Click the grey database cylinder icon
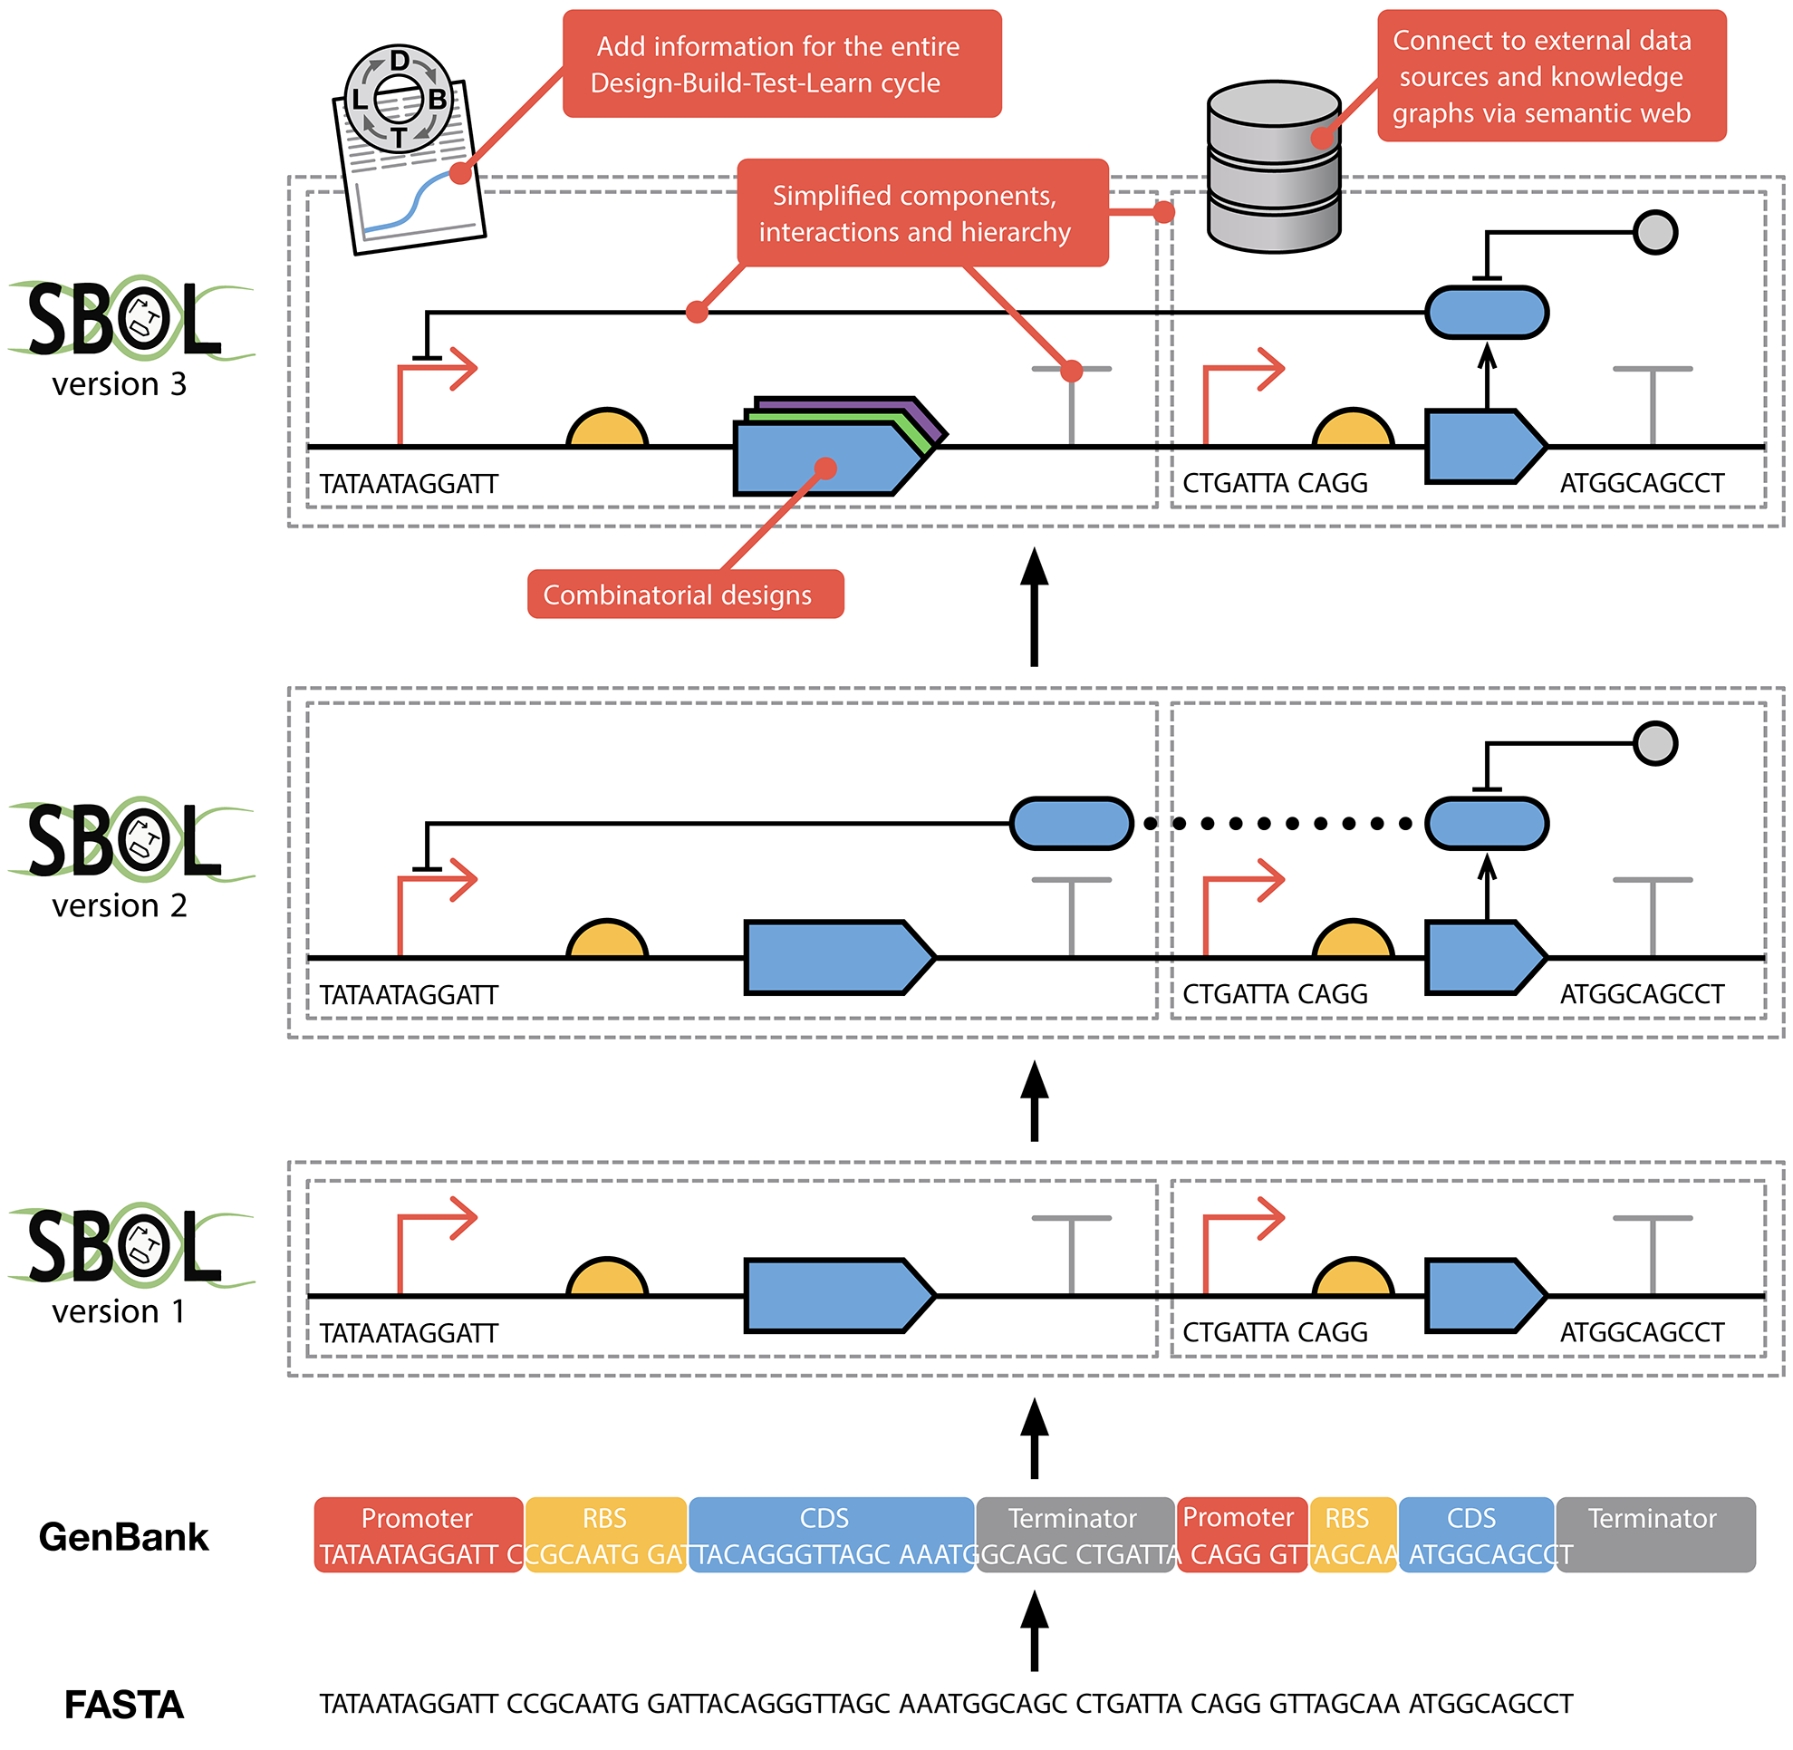[1273, 168]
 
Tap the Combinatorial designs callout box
[685, 595]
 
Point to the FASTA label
[124, 1705]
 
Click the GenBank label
[124, 1537]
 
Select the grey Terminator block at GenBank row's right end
[1654, 1535]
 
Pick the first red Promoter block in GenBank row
[419, 1535]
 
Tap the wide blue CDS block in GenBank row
[830, 1535]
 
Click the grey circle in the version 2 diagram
[1655, 742]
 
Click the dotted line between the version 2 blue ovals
[1277, 824]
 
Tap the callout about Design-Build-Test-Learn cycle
[781, 64]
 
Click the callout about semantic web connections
[1550, 76]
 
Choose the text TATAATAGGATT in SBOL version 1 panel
[408, 1333]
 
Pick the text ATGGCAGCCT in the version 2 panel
[1642, 994]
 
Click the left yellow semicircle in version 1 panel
[606, 1278]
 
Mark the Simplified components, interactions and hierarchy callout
[921, 213]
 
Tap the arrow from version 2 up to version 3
[1035, 606]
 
